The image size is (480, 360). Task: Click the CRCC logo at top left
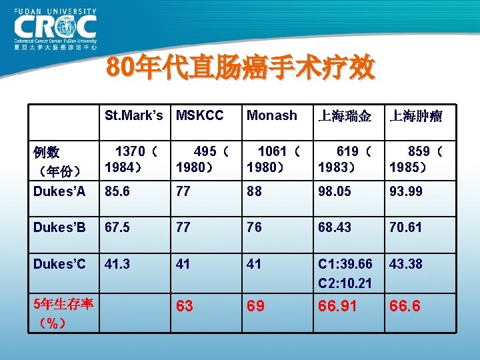(55, 28)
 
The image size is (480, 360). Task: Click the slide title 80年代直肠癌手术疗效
(241, 69)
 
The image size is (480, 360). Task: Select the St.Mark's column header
(133, 115)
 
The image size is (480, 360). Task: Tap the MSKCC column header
(199, 115)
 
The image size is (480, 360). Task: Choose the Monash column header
(271, 115)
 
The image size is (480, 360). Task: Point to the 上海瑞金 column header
(345, 116)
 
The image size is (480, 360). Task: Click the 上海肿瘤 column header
(416, 116)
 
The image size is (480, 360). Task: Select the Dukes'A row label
(59, 192)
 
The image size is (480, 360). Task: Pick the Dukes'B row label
(59, 227)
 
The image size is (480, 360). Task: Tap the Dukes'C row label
(59, 263)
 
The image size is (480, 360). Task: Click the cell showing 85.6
(117, 192)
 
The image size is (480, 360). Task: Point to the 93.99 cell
(406, 192)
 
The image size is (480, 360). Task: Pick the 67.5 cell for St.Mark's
(117, 227)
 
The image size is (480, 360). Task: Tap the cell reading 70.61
(406, 227)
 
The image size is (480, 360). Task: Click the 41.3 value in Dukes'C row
(117, 263)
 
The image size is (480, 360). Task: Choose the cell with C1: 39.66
(345, 263)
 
